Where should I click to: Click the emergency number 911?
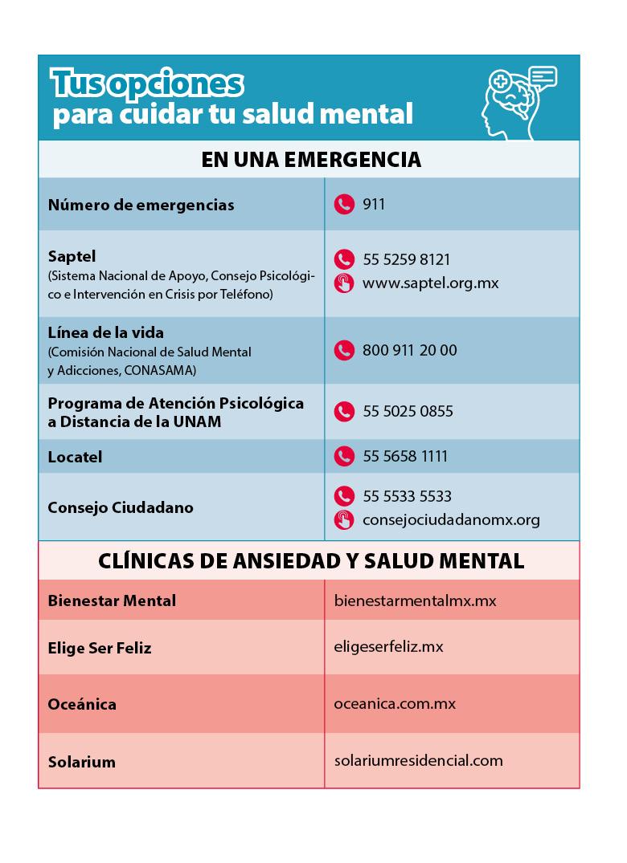tap(374, 204)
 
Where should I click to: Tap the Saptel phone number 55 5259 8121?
tap(406, 259)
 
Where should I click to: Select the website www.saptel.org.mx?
tap(430, 283)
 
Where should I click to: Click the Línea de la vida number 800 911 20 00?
tap(409, 350)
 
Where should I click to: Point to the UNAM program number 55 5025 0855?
tap(408, 411)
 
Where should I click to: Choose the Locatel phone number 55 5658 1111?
tap(405, 456)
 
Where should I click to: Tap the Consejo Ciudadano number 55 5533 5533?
tap(407, 496)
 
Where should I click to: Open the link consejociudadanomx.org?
tap(451, 520)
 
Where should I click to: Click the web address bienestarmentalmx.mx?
tap(415, 600)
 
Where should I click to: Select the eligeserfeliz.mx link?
tap(388, 646)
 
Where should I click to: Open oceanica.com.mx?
tap(395, 703)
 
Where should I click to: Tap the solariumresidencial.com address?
tap(418, 760)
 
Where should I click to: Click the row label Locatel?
tap(75, 458)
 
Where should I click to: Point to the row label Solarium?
tap(81, 762)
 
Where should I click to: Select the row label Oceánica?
tap(82, 704)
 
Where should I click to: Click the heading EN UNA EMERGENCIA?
tap(310, 159)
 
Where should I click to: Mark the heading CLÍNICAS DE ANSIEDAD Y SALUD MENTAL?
tap(310, 560)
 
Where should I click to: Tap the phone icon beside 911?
tap(344, 204)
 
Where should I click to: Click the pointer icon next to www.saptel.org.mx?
tap(344, 283)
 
